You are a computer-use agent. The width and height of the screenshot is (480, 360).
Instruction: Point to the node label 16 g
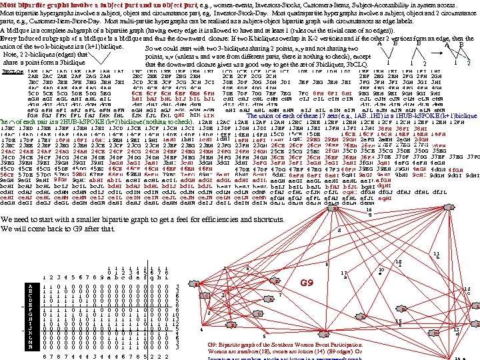pos(371,213)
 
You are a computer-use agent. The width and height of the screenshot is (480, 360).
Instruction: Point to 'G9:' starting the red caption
pos(213,345)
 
